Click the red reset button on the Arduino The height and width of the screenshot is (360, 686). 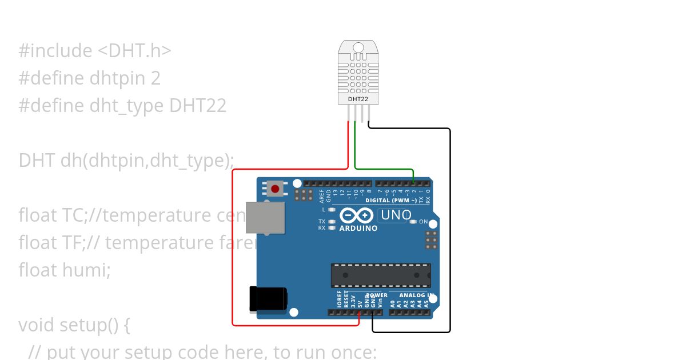click(276, 189)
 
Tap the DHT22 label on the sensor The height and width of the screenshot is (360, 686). click(358, 99)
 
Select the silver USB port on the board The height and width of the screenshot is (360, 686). click(265, 218)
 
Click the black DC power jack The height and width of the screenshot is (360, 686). click(268, 299)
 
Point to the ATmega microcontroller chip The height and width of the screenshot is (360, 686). click(381, 275)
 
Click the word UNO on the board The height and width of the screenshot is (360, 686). click(396, 215)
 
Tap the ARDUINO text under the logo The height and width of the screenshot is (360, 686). click(358, 229)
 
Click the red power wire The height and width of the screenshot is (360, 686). click(233, 246)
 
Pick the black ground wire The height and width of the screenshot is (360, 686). click(450, 229)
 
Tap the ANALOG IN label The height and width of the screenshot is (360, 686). click(415, 295)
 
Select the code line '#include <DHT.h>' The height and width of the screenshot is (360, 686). click(95, 51)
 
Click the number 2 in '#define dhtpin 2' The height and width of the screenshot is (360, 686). click(155, 78)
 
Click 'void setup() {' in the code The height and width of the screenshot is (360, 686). click(74, 325)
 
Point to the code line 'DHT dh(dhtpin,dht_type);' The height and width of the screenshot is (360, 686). click(126, 161)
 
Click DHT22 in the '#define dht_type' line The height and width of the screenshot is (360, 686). click(198, 106)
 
